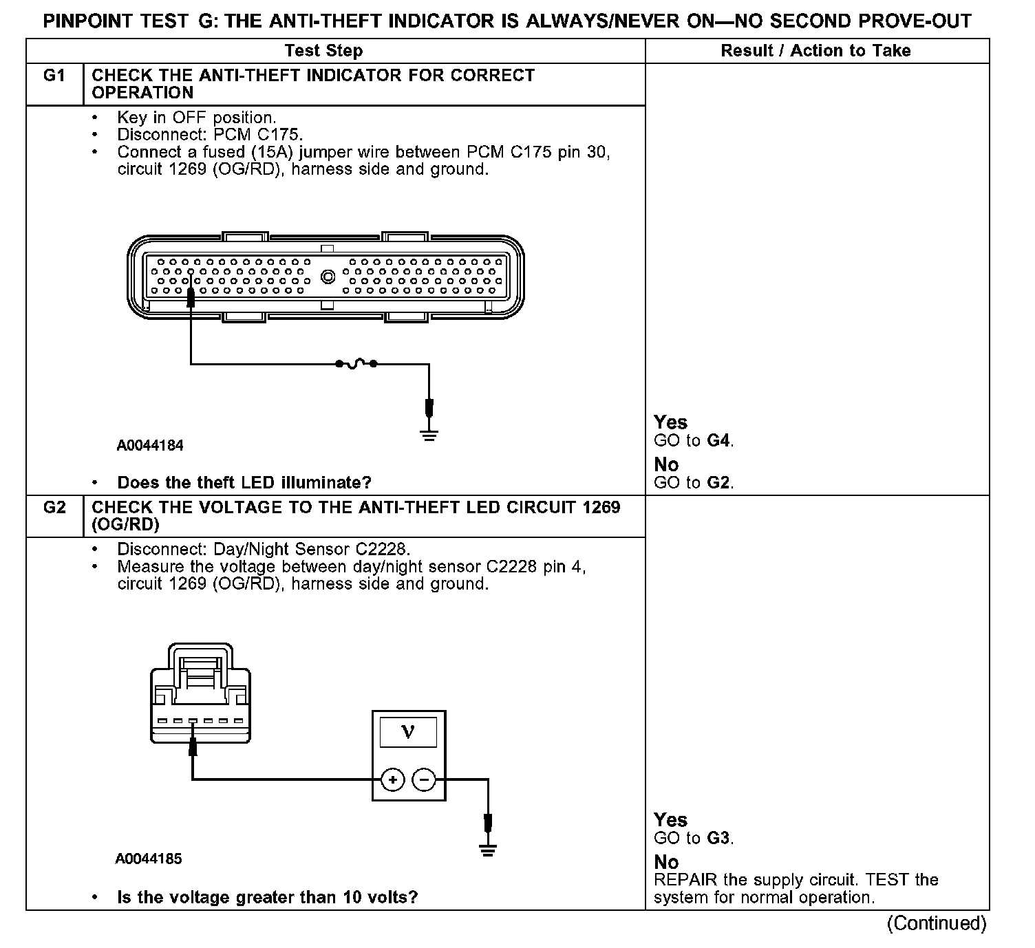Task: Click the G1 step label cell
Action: [x=54, y=76]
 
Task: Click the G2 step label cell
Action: [x=54, y=508]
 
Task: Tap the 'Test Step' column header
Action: [x=323, y=51]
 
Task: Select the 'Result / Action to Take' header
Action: [x=815, y=51]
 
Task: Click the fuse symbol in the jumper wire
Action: [x=356, y=363]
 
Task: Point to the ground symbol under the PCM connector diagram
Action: [x=429, y=434]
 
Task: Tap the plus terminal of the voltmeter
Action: [x=392, y=779]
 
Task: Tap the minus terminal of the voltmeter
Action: [x=425, y=779]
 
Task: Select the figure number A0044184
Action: [x=150, y=446]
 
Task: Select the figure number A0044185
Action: [x=149, y=859]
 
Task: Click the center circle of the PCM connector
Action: [x=328, y=277]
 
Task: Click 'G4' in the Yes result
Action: [x=719, y=440]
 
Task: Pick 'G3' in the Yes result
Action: [x=719, y=838]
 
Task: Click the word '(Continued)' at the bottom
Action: [x=937, y=923]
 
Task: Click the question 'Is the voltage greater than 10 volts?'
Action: [x=267, y=898]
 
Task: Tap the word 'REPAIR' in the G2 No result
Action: [x=685, y=880]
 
